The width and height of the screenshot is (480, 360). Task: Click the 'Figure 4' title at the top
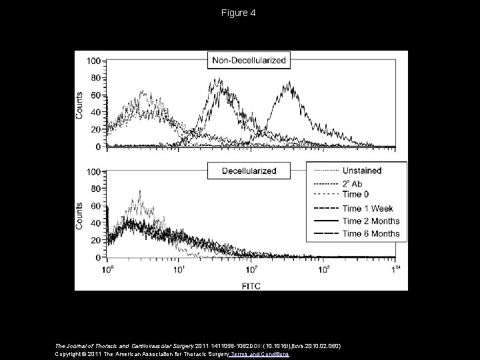(x=239, y=13)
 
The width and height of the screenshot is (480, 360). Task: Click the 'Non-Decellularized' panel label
(x=249, y=61)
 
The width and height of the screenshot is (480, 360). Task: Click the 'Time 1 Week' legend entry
(x=367, y=209)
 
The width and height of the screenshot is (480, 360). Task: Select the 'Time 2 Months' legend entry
(x=371, y=221)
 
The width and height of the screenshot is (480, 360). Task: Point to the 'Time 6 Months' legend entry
(x=371, y=233)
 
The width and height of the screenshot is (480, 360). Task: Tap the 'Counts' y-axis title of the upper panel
(x=79, y=105)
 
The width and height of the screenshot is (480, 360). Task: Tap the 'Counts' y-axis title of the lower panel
(x=79, y=215)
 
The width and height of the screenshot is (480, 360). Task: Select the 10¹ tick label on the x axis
(x=179, y=269)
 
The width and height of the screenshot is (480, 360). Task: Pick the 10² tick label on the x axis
(x=252, y=269)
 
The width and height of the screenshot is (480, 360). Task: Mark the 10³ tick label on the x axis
(x=324, y=269)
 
